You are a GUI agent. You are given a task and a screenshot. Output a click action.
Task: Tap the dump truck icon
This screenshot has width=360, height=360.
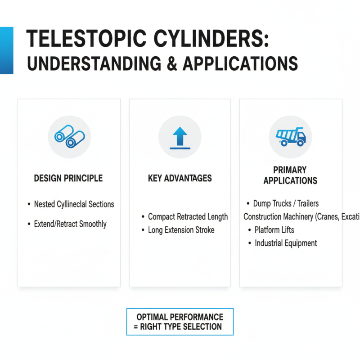point(290,136)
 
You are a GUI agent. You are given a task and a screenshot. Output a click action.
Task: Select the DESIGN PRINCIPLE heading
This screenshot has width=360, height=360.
point(68,178)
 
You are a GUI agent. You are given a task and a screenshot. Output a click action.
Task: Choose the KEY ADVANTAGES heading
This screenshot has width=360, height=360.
point(180,178)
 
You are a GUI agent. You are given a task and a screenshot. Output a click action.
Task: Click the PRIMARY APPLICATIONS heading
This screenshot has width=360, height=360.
point(290,175)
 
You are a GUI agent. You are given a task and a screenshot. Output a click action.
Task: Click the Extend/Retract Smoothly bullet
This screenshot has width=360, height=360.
point(70,224)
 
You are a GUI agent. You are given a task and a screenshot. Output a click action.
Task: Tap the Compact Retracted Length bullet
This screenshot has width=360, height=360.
point(188,217)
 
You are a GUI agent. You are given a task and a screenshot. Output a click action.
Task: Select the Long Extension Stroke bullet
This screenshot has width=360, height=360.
point(181,230)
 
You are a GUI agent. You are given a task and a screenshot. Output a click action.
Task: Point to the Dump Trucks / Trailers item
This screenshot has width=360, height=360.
point(286,204)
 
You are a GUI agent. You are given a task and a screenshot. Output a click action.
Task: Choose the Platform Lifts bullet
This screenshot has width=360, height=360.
point(274,230)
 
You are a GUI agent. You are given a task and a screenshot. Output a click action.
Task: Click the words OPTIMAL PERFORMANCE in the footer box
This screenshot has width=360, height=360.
point(180,317)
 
